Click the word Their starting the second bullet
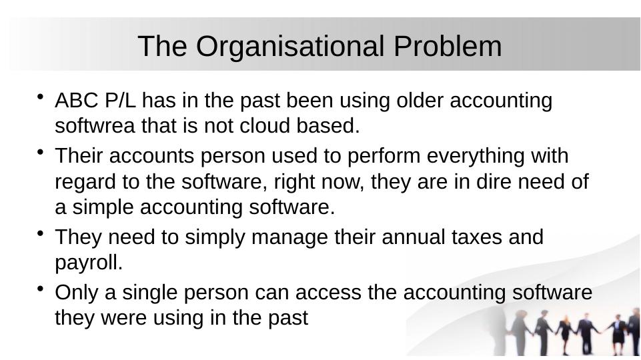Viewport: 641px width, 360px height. pyautogui.click(x=77, y=156)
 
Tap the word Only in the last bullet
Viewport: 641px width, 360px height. pyautogui.click(x=75, y=293)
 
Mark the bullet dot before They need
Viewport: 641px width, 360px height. pyautogui.click(x=41, y=233)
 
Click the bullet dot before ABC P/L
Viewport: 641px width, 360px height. pyautogui.click(x=41, y=97)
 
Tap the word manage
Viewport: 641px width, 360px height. pyautogui.click(x=267, y=237)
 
